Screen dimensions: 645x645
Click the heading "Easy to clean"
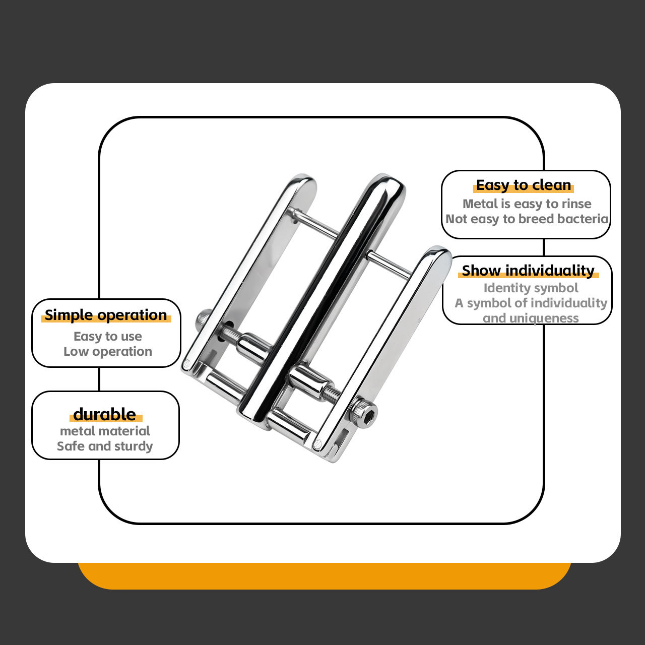[x=524, y=185]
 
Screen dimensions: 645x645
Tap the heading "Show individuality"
[x=528, y=271]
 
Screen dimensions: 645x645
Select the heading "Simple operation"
[x=106, y=315]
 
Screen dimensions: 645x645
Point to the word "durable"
[x=105, y=414]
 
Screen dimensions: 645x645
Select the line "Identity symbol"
[x=531, y=288]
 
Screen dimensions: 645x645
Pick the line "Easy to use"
[x=108, y=337]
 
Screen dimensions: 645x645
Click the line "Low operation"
[x=108, y=351]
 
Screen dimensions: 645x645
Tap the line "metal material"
[x=105, y=431]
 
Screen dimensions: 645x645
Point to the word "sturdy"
[x=133, y=446]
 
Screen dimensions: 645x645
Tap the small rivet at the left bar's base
[x=187, y=363]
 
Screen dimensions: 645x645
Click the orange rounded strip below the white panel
[x=324, y=576]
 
